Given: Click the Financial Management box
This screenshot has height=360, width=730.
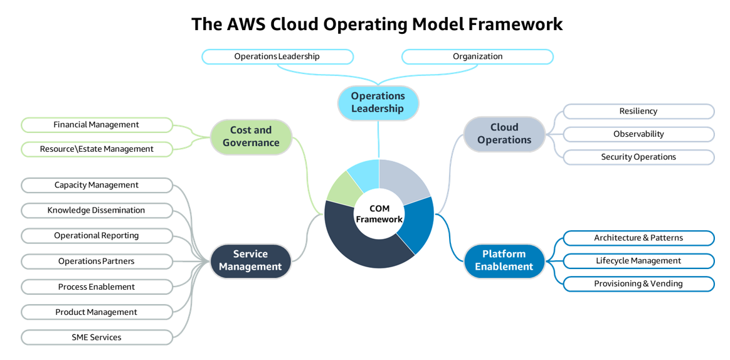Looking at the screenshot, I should [97, 125].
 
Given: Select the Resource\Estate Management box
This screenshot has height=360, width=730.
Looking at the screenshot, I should [97, 149].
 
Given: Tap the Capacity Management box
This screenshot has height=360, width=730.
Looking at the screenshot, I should [97, 185].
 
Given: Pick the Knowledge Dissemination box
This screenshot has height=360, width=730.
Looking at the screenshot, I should [97, 210].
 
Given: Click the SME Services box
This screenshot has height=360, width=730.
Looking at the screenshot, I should [97, 337].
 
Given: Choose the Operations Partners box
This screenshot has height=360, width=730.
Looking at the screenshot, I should [97, 261].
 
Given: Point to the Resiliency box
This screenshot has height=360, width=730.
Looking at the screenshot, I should [638, 111].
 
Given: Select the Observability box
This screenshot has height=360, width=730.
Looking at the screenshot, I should [638, 134].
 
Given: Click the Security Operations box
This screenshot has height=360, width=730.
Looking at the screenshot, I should [638, 157].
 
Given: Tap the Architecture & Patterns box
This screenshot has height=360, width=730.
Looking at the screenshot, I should [638, 238].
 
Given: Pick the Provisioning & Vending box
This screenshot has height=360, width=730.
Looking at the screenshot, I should [638, 283].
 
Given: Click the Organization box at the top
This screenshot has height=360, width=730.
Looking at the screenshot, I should [477, 56].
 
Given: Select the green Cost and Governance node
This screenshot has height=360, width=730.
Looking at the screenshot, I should [251, 137].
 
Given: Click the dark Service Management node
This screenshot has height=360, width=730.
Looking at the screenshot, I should [251, 260].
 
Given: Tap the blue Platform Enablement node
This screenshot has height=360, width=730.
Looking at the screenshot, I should [504, 260].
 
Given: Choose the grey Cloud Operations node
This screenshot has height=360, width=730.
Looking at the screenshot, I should [504, 134].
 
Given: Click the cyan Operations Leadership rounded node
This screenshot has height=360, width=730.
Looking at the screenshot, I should [378, 102].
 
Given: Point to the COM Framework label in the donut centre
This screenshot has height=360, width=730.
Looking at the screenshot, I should [379, 214].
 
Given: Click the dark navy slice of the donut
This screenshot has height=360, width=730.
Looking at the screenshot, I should [357, 248].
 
